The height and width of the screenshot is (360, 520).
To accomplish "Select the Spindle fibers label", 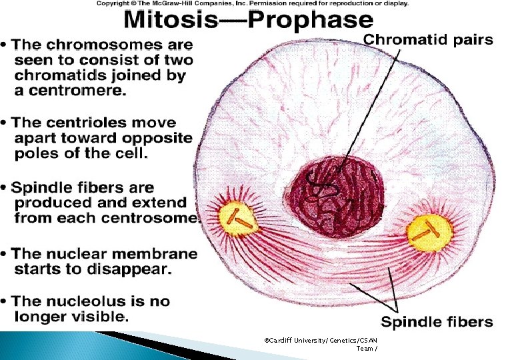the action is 437,322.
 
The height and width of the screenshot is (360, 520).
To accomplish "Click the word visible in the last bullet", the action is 98,317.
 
